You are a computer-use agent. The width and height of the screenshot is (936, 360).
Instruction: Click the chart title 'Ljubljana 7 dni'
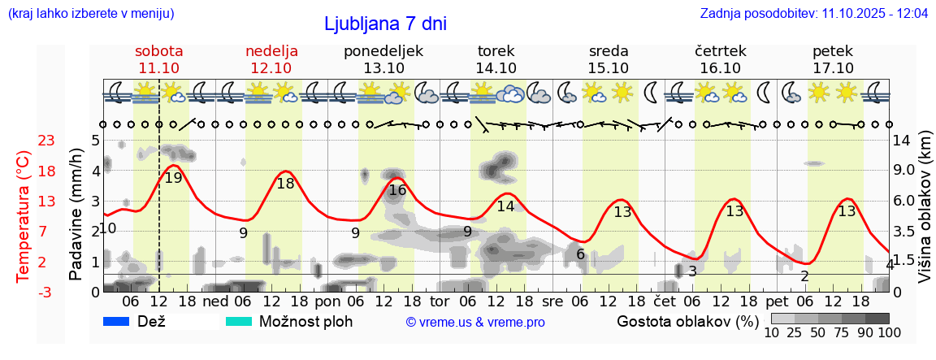[385, 24]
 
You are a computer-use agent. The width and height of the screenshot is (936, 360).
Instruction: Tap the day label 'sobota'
[159, 51]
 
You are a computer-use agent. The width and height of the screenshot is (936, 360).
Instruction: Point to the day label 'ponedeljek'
[383, 51]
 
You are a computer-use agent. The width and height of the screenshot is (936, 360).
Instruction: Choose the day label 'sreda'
[609, 51]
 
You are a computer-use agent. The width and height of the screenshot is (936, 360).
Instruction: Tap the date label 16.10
[721, 68]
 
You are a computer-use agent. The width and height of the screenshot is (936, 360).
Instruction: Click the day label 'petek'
[833, 51]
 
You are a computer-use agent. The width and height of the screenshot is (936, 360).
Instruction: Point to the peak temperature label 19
[173, 177]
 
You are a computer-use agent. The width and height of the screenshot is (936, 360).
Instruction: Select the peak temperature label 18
[285, 184]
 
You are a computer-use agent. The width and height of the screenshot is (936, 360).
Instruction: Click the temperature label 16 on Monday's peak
[397, 190]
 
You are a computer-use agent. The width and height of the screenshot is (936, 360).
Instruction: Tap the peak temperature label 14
[506, 206]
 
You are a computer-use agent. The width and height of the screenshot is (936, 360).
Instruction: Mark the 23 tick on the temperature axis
[46, 141]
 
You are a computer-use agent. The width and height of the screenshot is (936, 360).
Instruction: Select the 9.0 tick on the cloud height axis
[905, 171]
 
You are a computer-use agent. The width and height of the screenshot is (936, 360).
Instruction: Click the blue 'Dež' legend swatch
[117, 322]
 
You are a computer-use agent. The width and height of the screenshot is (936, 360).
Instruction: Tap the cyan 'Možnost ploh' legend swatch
[240, 322]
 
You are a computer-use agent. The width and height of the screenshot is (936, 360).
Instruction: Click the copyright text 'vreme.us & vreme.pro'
[475, 323]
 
